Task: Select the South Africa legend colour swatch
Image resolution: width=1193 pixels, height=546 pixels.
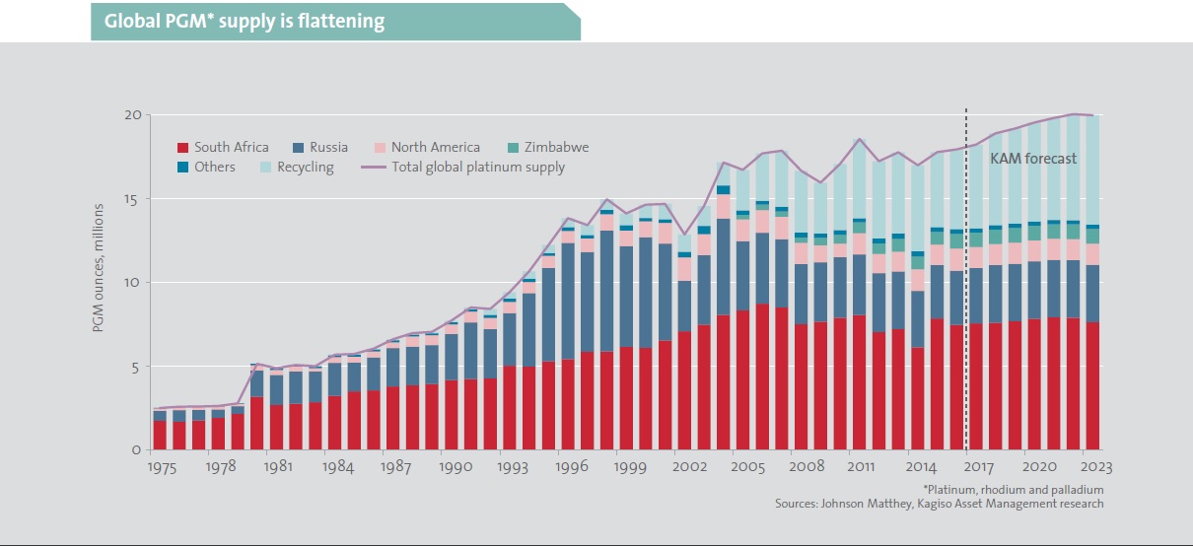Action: [x=182, y=148]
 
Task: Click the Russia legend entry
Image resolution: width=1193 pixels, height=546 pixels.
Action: [x=316, y=148]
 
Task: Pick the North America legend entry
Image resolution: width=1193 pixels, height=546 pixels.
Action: [x=427, y=148]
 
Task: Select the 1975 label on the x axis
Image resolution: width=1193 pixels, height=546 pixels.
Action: [x=164, y=468]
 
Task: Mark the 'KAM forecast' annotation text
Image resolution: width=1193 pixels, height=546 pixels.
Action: [x=1033, y=158]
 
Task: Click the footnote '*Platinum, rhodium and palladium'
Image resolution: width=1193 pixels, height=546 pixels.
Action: [x=1013, y=490]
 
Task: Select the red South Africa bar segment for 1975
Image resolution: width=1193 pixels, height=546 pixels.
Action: [x=160, y=436]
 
